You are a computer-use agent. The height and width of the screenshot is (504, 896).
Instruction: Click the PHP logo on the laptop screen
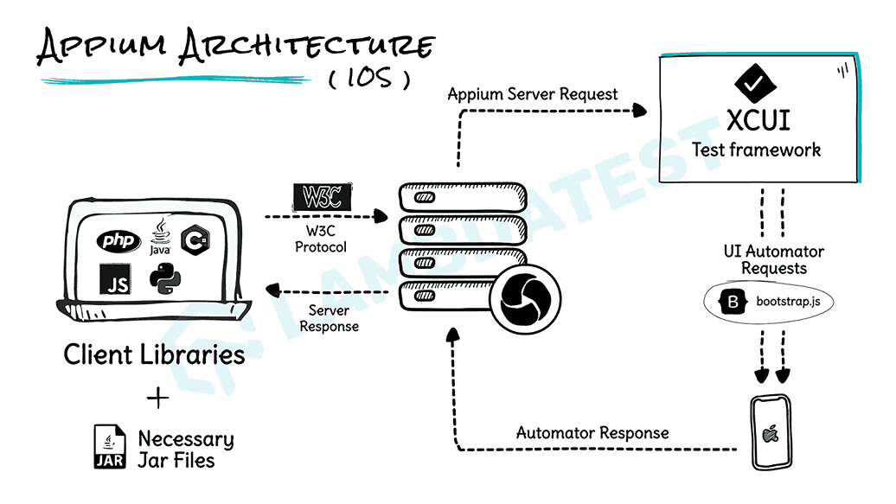[x=118, y=240]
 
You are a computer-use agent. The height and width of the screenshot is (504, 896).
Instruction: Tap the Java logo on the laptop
[x=160, y=236]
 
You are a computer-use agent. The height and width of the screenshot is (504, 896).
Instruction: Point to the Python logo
[x=165, y=279]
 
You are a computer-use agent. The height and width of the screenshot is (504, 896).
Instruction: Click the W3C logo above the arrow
[x=323, y=196]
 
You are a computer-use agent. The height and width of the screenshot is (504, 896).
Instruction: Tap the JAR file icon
[x=110, y=448]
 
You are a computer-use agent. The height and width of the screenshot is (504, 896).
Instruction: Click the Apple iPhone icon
[x=769, y=432]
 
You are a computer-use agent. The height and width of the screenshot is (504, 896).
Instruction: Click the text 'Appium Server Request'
[x=533, y=93]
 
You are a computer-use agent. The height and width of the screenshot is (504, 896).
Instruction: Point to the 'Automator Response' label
[x=592, y=431]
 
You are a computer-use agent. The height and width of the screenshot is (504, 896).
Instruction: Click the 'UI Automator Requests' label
[x=774, y=259]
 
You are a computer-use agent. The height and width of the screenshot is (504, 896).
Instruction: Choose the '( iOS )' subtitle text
[x=370, y=78]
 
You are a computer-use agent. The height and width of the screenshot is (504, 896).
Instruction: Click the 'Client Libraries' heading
[x=154, y=354]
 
